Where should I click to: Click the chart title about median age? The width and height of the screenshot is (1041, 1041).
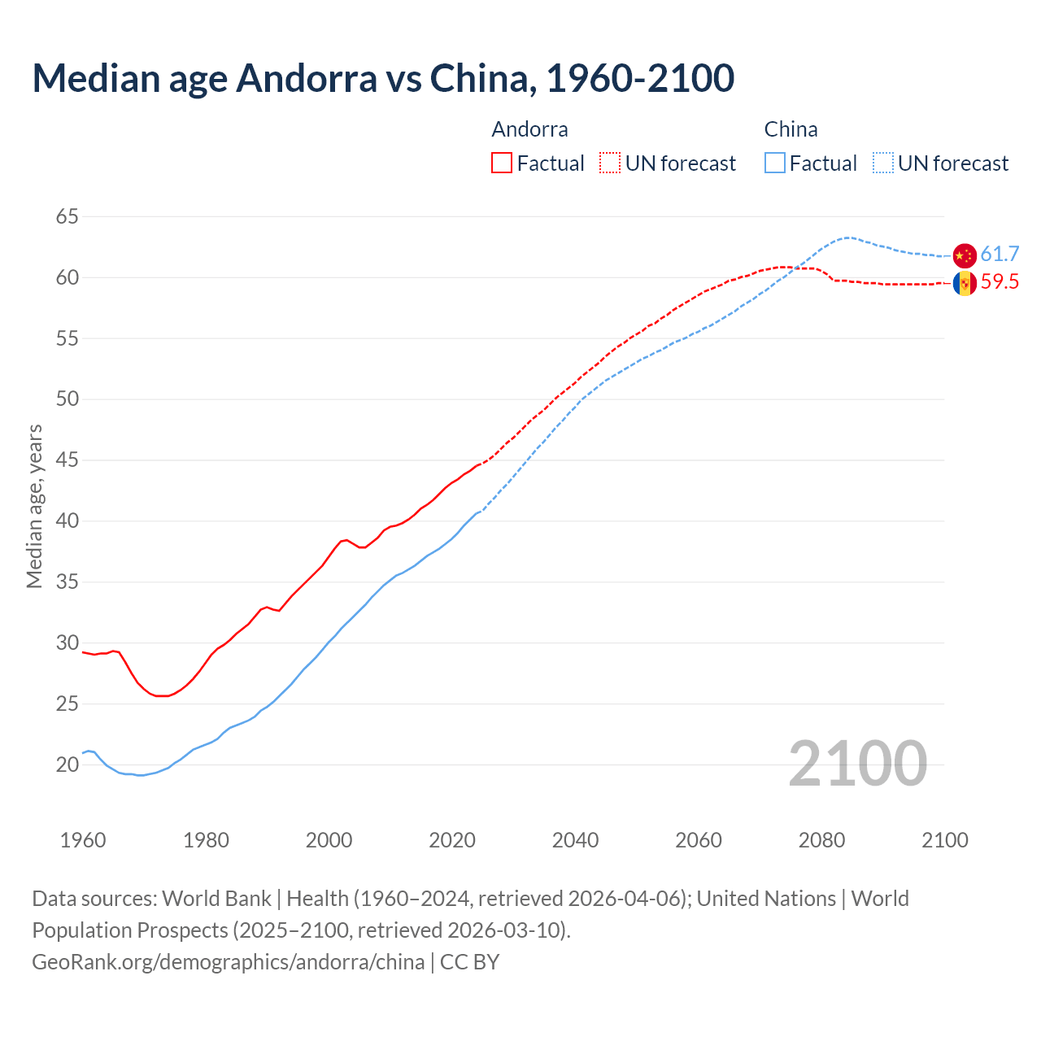click(x=383, y=78)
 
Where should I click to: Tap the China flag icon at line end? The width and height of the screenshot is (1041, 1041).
click(x=965, y=255)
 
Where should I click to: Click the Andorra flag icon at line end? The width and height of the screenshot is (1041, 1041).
click(x=965, y=283)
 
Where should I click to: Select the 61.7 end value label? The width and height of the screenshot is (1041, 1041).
click(x=1000, y=255)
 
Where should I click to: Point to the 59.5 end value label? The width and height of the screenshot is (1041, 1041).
click(x=1000, y=282)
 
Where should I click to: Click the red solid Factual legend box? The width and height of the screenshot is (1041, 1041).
click(x=502, y=163)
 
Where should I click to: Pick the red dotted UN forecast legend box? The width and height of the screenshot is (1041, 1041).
click(x=610, y=163)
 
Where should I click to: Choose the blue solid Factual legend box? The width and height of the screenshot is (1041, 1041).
click(x=775, y=163)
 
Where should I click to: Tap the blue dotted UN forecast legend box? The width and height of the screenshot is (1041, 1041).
click(x=883, y=163)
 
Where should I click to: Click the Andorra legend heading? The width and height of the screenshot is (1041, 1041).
click(x=530, y=129)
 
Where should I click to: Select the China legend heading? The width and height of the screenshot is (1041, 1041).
click(x=791, y=129)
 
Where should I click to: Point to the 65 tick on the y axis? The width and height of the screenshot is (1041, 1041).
click(x=68, y=216)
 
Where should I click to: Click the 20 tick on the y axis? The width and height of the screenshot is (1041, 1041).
click(x=68, y=764)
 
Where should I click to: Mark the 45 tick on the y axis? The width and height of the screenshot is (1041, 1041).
click(x=68, y=460)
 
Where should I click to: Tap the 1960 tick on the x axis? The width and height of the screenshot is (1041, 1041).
click(x=83, y=840)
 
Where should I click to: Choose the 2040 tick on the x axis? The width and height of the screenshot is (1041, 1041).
click(x=575, y=840)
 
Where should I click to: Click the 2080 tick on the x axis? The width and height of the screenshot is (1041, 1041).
click(x=821, y=840)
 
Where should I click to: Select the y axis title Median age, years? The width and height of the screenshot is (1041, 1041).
click(x=34, y=506)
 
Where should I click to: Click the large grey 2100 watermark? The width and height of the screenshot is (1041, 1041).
click(x=858, y=764)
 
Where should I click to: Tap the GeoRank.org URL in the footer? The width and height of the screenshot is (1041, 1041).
click(x=228, y=962)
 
